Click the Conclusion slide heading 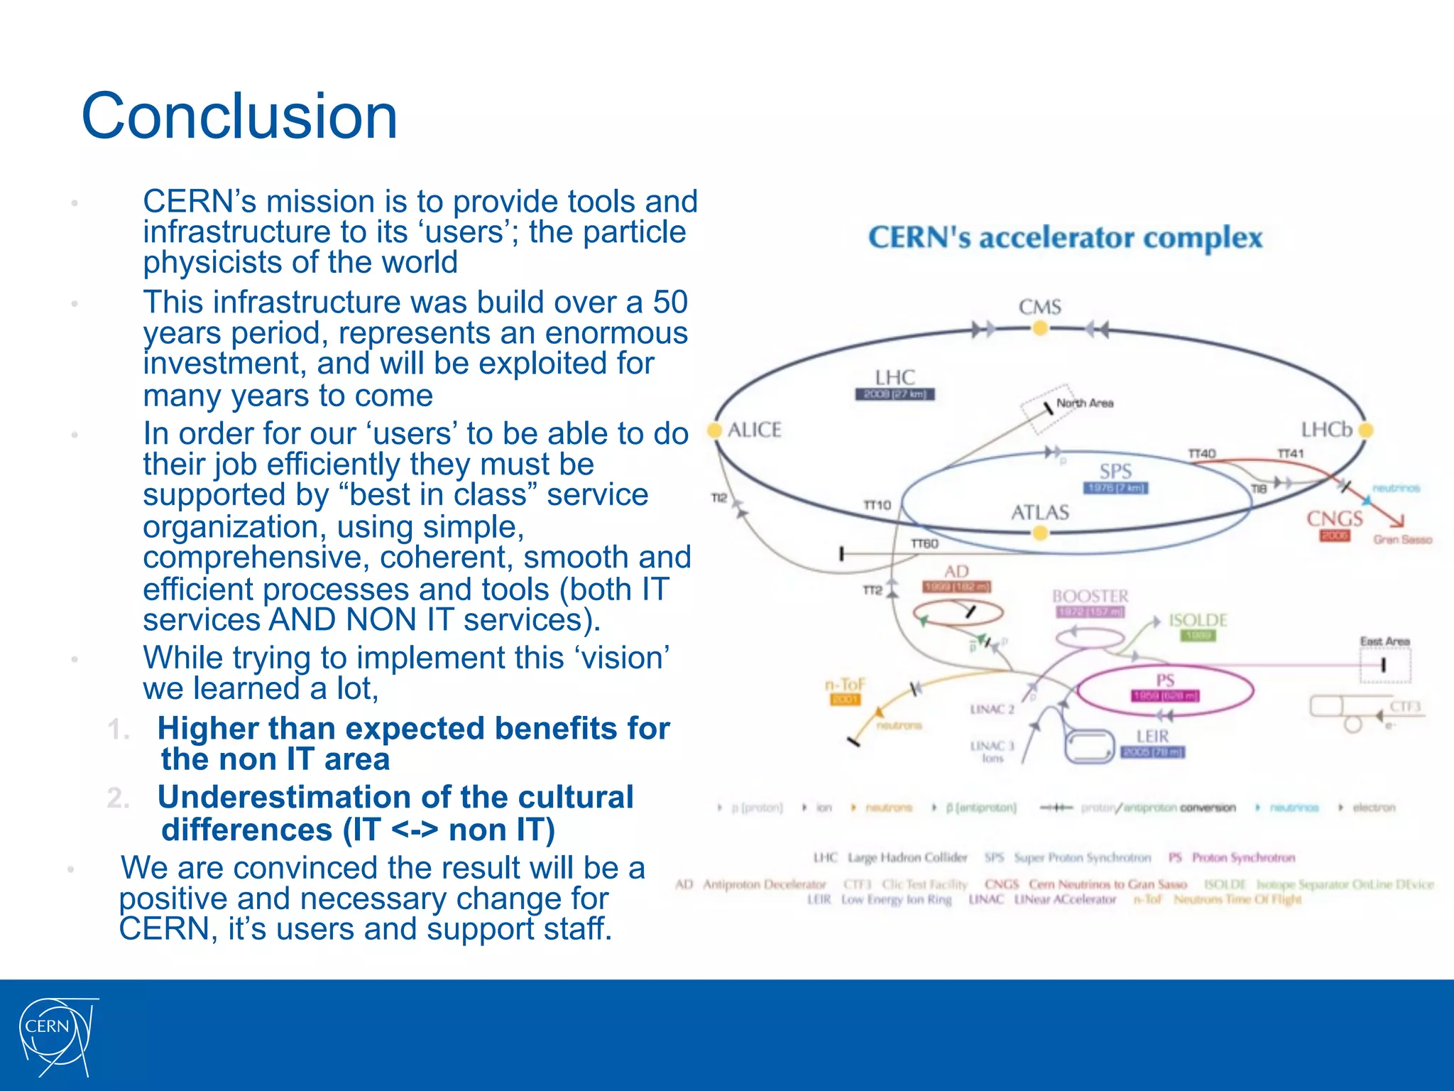pyautogui.click(x=239, y=116)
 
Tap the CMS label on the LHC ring pyautogui.click(x=1039, y=308)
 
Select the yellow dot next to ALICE pyautogui.click(x=715, y=430)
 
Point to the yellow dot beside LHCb pyautogui.click(x=1366, y=430)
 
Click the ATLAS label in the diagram pyautogui.click(x=1039, y=512)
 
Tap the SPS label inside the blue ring pyautogui.click(x=1115, y=471)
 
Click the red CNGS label pyautogui.click(x=1335, y=519)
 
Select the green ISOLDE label pyautogui.click(x=1198, y=620)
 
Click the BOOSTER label pyautogui.click(x=1090, y=596)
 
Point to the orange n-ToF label pyautogui.click(x=845, y=685)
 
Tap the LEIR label pyautogui.click(x=1152, y=737)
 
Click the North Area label pyautogui.click(x=1085, y=403)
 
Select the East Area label pyautogui.click(x=1384, y=641)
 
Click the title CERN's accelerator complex pyautogui.click(x=1065, y=238)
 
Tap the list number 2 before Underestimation pyautogui.click(x=118, y=798)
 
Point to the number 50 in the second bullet pyautogui.click(x=669, y=303)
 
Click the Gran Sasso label pyautogui.click(x=1402, y=540)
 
